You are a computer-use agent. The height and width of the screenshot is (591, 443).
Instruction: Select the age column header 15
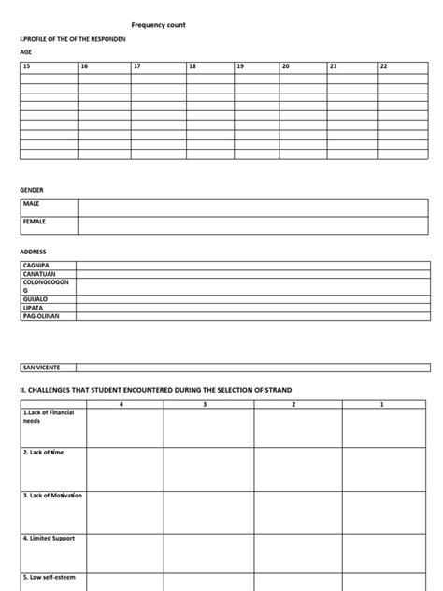27,66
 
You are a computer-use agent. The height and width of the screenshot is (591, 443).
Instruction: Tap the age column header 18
193,66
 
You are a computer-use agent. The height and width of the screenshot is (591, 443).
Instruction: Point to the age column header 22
383,66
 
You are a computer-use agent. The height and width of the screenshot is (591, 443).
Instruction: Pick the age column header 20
286,66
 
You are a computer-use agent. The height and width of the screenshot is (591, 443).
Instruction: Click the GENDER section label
32,189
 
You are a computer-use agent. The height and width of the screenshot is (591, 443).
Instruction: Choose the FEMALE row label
34,222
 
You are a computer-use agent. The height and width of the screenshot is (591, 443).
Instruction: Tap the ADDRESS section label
33,252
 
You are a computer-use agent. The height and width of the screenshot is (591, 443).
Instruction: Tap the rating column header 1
381,404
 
